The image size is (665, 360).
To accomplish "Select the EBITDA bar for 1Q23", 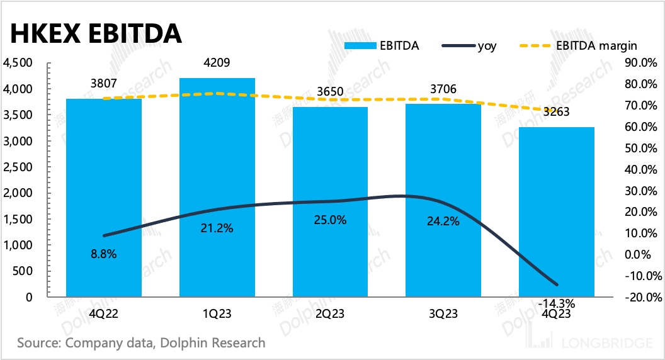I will [x=217, y=189].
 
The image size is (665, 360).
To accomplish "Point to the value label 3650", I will [x=330, y=92].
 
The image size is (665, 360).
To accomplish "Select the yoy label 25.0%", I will [x=331, y=221].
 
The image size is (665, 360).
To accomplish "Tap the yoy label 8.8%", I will [x=104, y=254].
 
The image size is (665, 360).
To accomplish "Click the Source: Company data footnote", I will [x=141, y=343].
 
